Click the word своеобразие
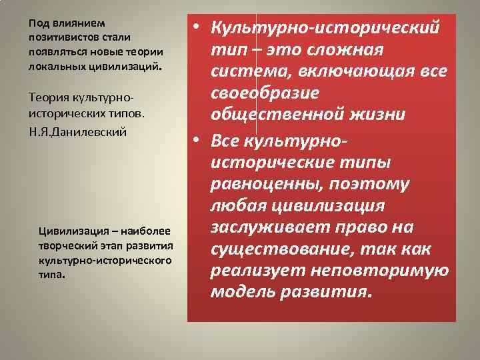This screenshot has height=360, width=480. pos(263,93)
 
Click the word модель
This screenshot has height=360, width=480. pos(239,292)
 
